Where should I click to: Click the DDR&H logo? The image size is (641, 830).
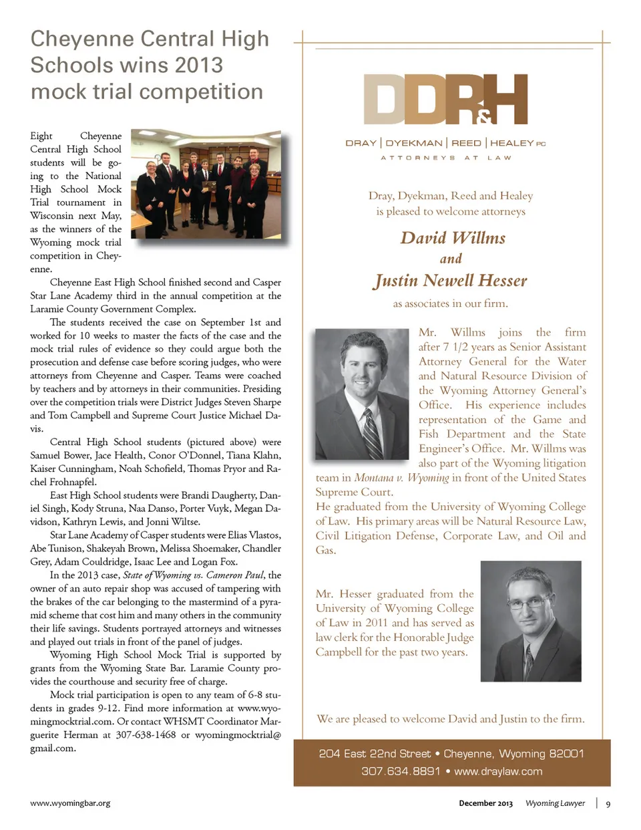pos(445,100)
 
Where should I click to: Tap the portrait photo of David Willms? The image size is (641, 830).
pos(361,394)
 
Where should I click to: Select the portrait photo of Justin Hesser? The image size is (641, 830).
pos(530,621)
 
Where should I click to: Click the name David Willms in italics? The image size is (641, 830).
pos(453,238)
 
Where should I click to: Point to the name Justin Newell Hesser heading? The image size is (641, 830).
pos(451,281)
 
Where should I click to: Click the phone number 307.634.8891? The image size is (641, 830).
pos(401,771)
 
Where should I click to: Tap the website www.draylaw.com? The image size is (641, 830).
pos(498,771)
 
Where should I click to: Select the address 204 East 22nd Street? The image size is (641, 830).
pos(375,754)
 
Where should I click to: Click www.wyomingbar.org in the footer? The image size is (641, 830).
pos(70,803)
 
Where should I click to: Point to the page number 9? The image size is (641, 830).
pos(608,804)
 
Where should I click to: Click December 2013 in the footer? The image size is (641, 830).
pos(485,803)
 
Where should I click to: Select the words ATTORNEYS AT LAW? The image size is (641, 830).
pos(445,158)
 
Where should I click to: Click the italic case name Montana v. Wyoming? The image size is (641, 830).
pos(401,478)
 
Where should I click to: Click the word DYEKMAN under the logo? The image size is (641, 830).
pos(414,143)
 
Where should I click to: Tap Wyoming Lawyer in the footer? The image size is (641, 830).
pos(555,803)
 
